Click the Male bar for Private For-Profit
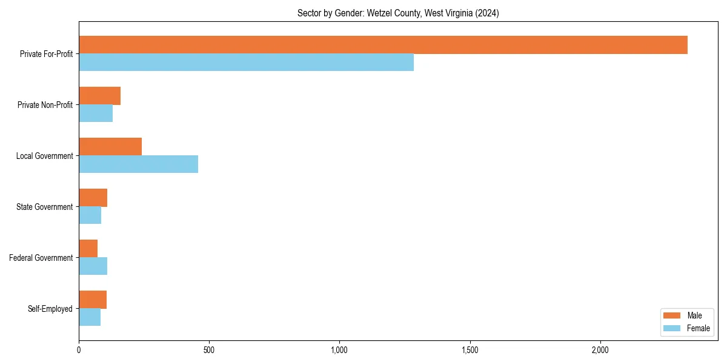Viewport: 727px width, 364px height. pyautogui.click(x=383, y=45)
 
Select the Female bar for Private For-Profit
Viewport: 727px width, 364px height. pyautogui.click(x=246, y=62)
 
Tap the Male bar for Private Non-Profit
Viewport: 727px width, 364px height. pyautogui.click(x=99, y=96)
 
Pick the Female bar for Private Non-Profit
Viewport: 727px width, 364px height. pyautogui.click(x=96, y=113)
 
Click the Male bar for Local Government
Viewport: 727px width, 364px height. pyautogui.click(x=110, y=147)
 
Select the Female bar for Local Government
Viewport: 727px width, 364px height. pyautogui.click(x=138, y=164)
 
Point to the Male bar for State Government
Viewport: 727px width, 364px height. pyautogui.click(x=93, y=198)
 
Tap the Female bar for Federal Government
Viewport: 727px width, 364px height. pyautogui.click(x=93, y=266)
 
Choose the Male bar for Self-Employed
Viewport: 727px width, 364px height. pyautogui.click(x=93, y=300)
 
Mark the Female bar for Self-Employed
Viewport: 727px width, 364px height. pyautogui.click(x=90, y=317)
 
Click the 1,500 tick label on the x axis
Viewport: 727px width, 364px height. pyautogui.click(x=470, y=350)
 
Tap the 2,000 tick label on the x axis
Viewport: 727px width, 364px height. pyautogui.click(x=600, y=350)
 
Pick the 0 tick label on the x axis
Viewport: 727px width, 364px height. pyautogui.click(x=79, y=350)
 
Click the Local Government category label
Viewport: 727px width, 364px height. pyautogui.click(x=44, y=156)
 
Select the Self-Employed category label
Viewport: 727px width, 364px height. pyautogui.click(x=50, y=309)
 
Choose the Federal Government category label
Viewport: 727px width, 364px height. pyautogui.click(x=41, y=258)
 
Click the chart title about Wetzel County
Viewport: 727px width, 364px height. pyautogui.click(x=398, y=13)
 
